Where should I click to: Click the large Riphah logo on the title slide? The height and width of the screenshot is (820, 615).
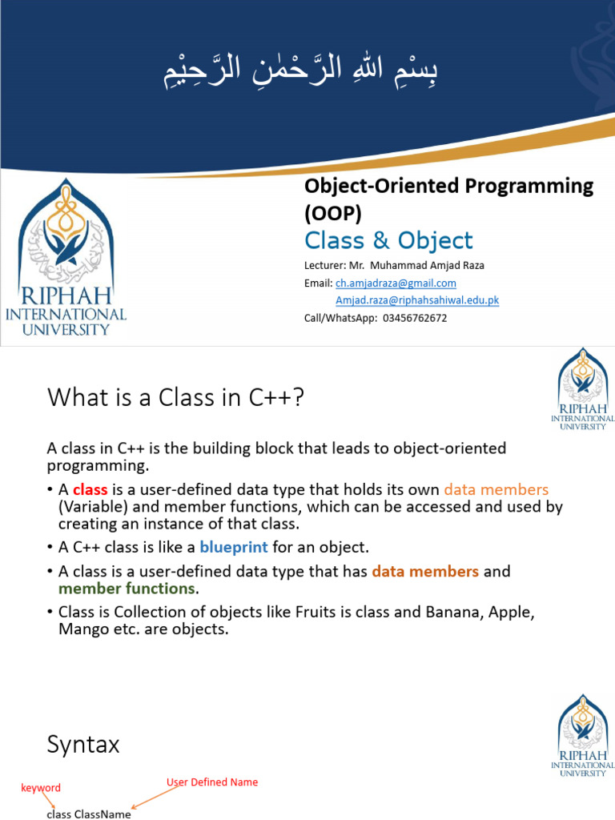pos(66,257)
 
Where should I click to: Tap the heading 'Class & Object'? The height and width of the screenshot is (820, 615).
pos(388,240)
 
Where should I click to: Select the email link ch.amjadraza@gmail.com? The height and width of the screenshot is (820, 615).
pos(396,283)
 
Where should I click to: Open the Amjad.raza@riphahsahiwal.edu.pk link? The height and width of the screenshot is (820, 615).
pos(417,300)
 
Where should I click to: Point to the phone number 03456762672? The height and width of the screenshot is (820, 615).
pos(415,318)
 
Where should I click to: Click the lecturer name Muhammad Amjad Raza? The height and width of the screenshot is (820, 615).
pos(428,265)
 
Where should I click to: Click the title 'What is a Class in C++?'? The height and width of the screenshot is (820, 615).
pos(175,397)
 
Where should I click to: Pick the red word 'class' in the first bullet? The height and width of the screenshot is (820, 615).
pos(90,489)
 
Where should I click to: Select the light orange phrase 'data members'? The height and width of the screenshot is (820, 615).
pos(496,489)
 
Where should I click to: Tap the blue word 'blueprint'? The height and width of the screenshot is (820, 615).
pos(234,547)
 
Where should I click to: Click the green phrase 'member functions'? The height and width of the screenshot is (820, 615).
pos(127,589)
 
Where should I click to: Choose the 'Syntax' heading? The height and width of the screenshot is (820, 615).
pos(83,745)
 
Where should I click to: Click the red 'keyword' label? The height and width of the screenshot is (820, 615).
pos(41,788)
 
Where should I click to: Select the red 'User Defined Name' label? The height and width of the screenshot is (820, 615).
pos(212,782)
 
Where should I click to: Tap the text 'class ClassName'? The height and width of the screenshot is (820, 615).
pos(89,814)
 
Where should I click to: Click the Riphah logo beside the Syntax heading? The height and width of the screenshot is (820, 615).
pos(583,735)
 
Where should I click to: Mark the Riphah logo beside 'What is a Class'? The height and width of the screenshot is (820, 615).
pos(583,388)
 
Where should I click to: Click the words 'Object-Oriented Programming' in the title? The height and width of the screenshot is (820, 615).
pos(449,186)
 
